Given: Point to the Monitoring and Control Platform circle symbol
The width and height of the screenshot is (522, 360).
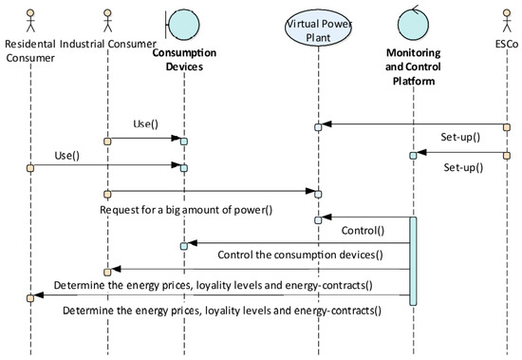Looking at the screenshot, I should tap(413, 21).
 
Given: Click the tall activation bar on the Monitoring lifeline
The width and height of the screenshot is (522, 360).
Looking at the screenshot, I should tap(413, 261).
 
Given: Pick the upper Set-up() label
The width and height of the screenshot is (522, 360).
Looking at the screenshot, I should tap(460, 137).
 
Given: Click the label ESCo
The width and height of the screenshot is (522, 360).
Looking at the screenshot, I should tap(505, 45).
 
